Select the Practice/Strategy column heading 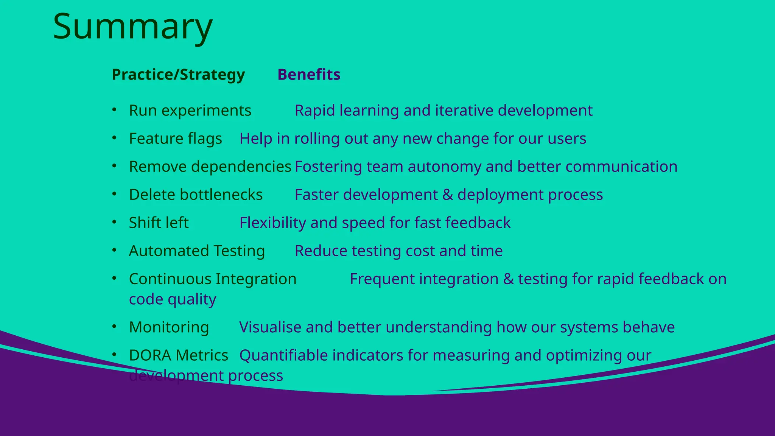coord(178,75)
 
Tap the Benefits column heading coord(309,75)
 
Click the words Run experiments coord(190,111)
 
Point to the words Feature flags coord(175,139)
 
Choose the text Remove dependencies coord(210,167)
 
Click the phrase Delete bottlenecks coord(196,195)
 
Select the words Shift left coord(159,223)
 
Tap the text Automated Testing coord(197,251)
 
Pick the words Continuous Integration coord(213,279)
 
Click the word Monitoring coord(169,327)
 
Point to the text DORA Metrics coord(178,355)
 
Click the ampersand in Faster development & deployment coord(447,195)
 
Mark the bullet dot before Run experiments coord(114,110)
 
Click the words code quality coord(173,299)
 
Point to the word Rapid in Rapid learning coord(315,111)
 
